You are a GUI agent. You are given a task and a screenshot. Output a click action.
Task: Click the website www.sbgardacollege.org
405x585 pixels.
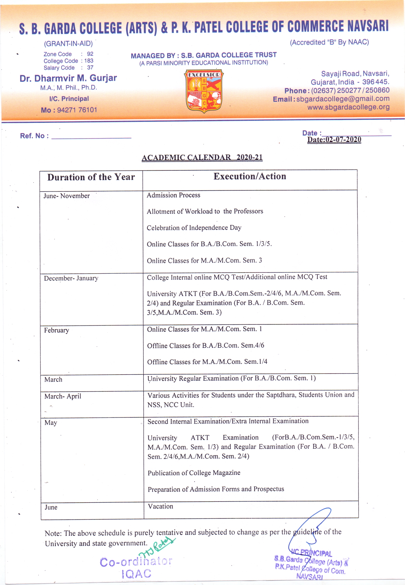pos(348,107)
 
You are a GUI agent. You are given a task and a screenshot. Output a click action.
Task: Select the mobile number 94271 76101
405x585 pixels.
pos(77,110)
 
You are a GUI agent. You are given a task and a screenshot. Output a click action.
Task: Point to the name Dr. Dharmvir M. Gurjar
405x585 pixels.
pos(68,78)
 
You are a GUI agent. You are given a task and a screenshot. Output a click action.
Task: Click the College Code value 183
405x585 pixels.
pos(89,61)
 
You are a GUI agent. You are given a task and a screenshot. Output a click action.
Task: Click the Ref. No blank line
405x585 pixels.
pos(91,137)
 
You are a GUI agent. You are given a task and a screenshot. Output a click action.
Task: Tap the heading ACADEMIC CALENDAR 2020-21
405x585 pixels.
pos(202,157)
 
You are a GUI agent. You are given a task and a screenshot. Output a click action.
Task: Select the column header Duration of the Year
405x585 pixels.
pos(91,177)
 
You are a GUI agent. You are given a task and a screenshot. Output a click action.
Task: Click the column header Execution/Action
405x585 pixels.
pos(250,176)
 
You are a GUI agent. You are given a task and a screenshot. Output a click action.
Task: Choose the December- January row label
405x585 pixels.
pos(71,278)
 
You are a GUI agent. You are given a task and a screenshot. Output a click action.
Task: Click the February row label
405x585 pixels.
pos(56,330)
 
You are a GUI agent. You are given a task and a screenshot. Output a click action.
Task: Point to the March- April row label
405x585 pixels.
pos(63,396)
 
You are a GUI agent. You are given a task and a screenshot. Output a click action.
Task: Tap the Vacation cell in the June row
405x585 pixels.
pos(161,506)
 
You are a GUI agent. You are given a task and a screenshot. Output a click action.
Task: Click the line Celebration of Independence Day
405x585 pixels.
pos(194,228)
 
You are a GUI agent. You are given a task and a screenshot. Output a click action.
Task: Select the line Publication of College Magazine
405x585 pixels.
pos(194,473)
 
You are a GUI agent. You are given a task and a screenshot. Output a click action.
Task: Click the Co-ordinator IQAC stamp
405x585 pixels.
pos(136,568)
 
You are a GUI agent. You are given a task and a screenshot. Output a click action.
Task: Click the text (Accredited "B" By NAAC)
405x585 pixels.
pos(329,42)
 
